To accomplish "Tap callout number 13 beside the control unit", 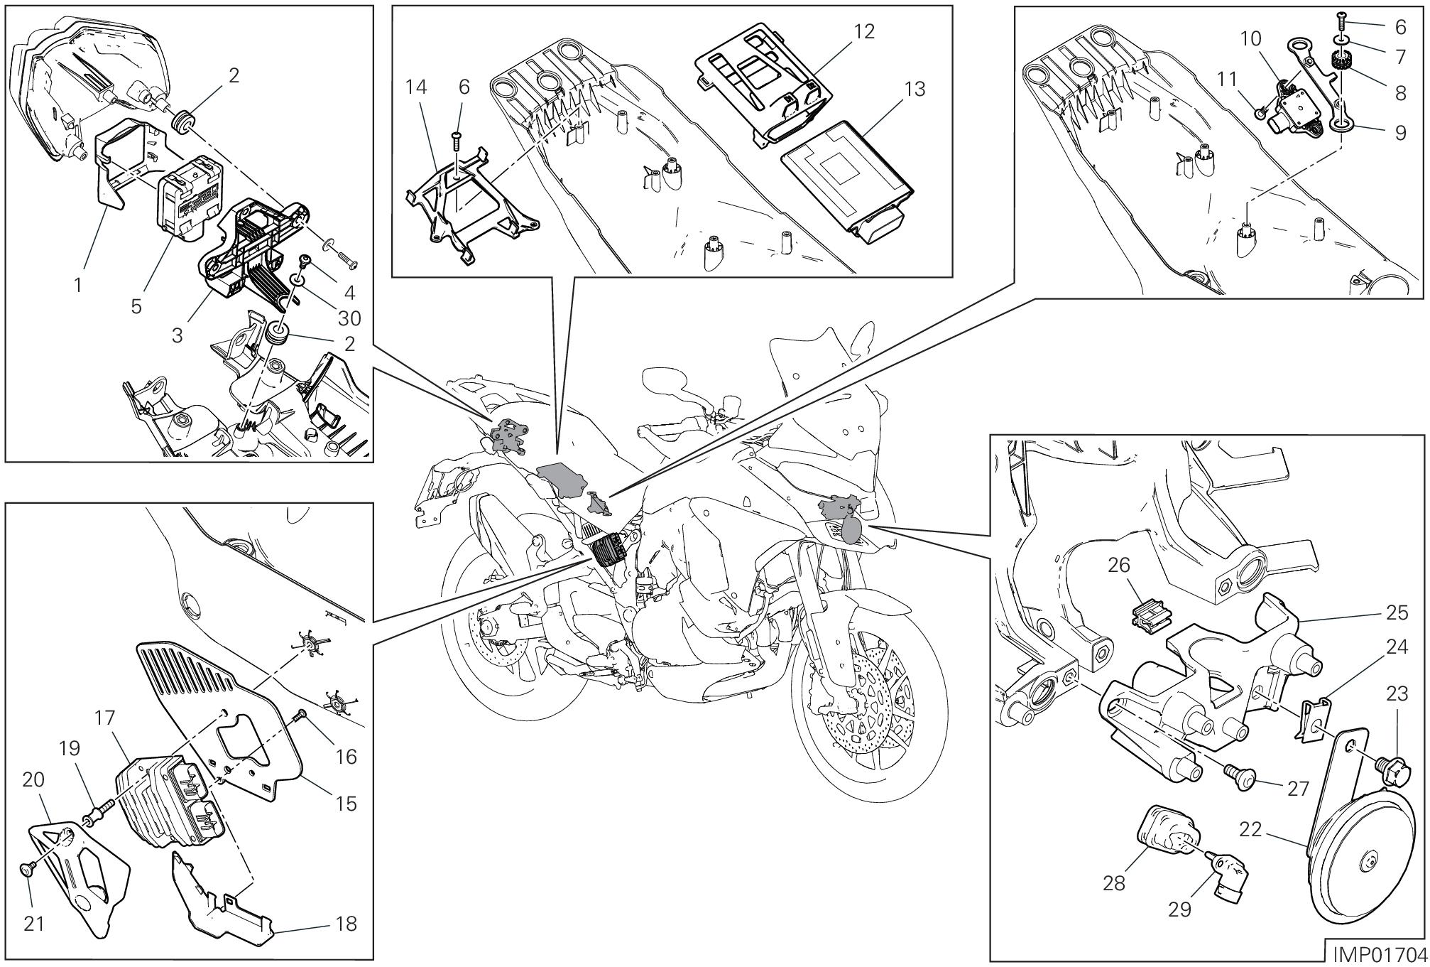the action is [915, 90].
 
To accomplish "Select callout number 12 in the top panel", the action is [865, 31].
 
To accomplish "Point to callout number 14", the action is [417, 87].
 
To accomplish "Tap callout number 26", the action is [1119, 566].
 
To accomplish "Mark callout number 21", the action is [34, 924].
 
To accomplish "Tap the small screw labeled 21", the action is [27, 869].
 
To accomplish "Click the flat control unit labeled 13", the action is [846, 178].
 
